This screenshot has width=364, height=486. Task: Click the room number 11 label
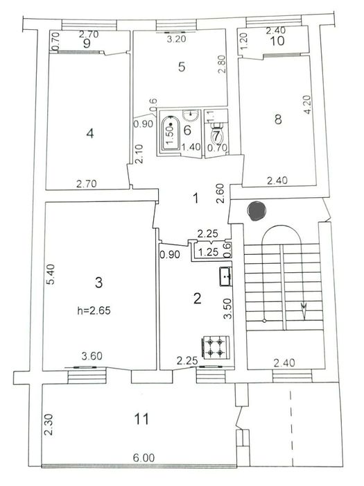click(x=141, y=419)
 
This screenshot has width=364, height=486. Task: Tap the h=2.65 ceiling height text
click(x=94, y=310)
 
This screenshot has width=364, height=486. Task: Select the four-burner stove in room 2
click(x=216, y=347)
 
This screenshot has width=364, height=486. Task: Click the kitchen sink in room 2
click(x=225, y=276)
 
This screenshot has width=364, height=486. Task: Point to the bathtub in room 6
click(x=171, y=133)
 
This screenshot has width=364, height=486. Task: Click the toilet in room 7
click(x=216, y=133)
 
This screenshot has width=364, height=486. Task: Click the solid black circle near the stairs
click(x=257, y=210)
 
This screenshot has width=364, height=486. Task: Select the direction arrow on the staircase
click(x=304, y=311)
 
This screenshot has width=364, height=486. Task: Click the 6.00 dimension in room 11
click(x=144, y=458)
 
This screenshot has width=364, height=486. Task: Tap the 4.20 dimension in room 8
click(x=308, y=104)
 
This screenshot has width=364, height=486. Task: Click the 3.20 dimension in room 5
click(x=176, y=39)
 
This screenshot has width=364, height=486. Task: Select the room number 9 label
click(x=87, y=44)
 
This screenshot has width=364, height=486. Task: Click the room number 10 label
click(x=277, y=41)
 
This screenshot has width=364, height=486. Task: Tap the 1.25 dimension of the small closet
click(x=208, y=252)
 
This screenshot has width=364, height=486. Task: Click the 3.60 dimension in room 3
click(x=92, y=355)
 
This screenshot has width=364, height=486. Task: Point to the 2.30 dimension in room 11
click(x=49, y=425)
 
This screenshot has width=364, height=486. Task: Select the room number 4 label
click(x=90, y=134)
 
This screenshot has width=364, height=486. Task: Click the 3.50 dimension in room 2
click(x=228, y=308)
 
